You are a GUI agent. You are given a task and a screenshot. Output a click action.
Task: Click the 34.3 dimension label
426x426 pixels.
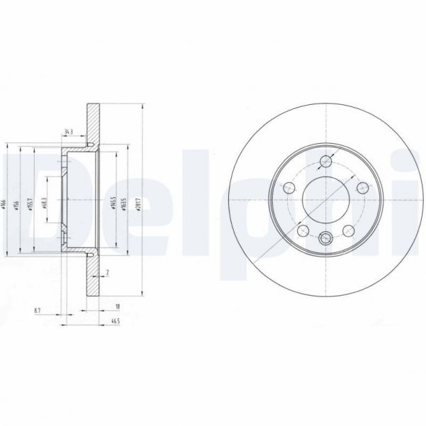click(x=69, y=132)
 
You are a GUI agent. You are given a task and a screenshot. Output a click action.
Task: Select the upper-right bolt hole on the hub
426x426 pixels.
click(x=361, y=187)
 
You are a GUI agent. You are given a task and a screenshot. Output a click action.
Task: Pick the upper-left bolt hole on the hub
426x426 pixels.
click(x=289, y=188)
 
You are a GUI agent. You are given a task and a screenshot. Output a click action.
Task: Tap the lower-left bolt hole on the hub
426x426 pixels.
click(x=303, y=230)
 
